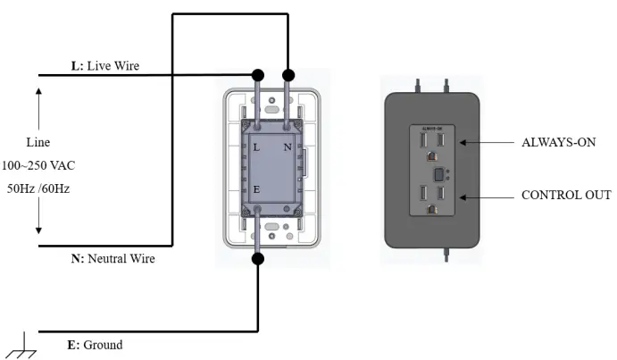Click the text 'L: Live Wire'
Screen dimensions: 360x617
[104, 65]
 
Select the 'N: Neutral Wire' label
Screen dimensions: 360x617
[113, 259]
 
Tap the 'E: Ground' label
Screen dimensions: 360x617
[96, 344]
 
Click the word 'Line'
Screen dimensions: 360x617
[38, 142]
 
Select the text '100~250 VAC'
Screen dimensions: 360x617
[38, 165]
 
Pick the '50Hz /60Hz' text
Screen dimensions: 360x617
[38, 188]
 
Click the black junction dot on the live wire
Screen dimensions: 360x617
[258, 75]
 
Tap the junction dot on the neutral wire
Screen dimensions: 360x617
[288, 75]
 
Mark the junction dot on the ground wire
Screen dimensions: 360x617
[258, 260]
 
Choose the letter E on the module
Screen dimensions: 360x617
[256, 189]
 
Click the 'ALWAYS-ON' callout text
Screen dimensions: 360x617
[558, 142]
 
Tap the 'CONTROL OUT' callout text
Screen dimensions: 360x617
[566, 195]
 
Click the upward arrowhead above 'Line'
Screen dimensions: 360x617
[38, 91]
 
